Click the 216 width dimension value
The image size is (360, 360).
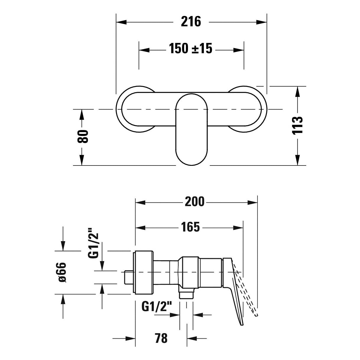[191, 22]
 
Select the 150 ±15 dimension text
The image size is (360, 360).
[191, 48]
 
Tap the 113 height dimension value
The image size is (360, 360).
[297, 125]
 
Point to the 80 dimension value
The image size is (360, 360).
[82, 136]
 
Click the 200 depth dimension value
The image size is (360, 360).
[194, 202]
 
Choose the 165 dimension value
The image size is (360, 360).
[190, 227]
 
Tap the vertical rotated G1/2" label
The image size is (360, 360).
[93, 243]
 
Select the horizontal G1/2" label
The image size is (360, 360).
[157, 307]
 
